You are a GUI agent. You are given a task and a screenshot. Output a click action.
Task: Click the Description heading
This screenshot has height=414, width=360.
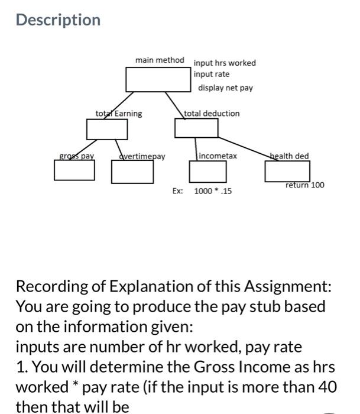[58, 20]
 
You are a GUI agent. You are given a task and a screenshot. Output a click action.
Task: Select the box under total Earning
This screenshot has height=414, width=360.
[99, 129]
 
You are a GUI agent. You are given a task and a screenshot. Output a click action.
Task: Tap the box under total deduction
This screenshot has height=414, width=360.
[196, 128]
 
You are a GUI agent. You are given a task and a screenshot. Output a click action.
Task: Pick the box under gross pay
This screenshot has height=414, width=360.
[74, 170]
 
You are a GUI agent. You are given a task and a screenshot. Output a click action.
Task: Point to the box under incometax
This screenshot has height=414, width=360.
[207, 170]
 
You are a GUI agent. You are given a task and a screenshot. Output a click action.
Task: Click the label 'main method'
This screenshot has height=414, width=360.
[160, 60]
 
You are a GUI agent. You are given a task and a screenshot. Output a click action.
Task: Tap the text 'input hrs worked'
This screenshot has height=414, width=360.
[225, 63]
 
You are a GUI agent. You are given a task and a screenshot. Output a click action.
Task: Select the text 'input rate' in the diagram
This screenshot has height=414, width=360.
[211, 75]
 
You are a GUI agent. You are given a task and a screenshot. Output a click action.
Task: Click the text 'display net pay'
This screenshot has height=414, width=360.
[225, 88]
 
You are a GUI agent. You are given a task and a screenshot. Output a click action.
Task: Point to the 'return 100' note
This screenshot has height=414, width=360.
[304, 185]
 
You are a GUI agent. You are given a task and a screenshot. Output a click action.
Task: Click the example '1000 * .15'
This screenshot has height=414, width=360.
[213, 191]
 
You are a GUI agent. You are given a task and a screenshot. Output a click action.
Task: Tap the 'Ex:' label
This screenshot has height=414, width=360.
[177, 191]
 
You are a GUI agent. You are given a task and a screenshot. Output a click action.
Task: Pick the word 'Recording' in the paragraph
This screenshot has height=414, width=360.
[51, 287]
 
